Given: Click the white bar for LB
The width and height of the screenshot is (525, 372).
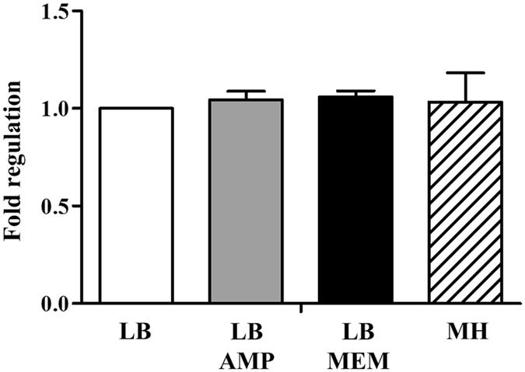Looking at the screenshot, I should [136, 206].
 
